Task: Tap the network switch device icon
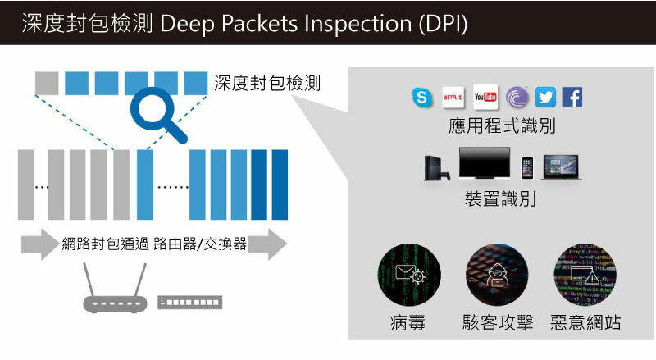tap(189, 303)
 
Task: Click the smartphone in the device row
tap(527, 168)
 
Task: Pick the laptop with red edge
tap(565, 166)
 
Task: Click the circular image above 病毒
tap(408, 274)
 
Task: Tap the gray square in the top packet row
tap(47, 83)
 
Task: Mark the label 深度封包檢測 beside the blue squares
tap(266, 83)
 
